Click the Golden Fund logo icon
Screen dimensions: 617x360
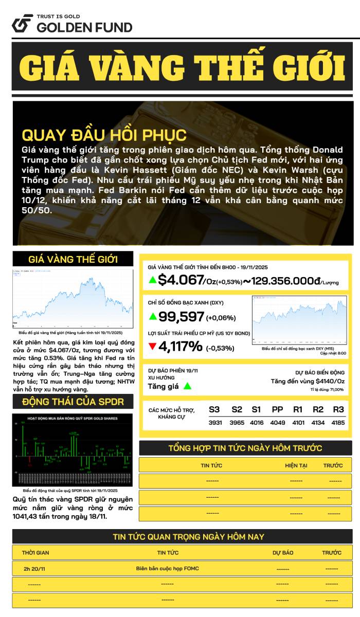click(22, 23)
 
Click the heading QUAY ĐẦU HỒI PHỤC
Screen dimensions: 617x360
click(104, 135)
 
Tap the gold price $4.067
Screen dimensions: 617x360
click(181, 280)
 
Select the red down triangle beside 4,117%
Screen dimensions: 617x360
click(152, 347)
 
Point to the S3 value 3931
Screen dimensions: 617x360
click(214, 423)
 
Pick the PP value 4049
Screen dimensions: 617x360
click(277, 423)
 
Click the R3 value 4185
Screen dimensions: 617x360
click(338, 423)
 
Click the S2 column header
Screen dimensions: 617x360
click(237, 410)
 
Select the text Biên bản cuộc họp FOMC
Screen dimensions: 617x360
click(168, 568)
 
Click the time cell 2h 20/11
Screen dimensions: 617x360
click(34, 569)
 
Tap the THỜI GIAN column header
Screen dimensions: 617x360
click(35, 553)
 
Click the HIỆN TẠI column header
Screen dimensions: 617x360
click(296, 465)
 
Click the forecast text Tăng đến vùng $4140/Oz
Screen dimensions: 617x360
click(308, 381)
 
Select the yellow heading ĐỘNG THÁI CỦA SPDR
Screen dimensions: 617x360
click(73, 402)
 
